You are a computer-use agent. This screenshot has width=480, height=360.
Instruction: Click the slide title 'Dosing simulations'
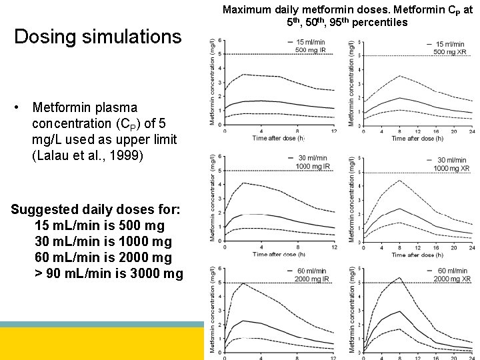coord(98,36)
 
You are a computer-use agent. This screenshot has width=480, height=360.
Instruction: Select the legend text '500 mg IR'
coord(310,51)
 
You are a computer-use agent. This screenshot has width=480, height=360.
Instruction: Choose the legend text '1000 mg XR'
coord(451,167)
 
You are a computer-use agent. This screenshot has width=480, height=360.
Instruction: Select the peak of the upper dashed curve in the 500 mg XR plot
coord(399,76)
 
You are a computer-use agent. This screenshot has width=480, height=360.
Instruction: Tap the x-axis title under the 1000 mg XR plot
coord(417,255)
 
